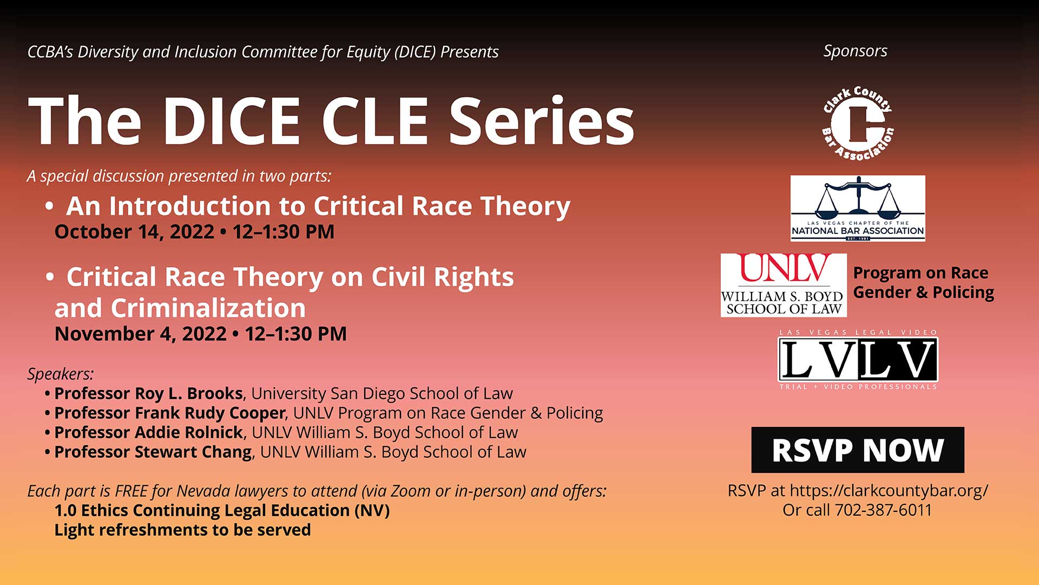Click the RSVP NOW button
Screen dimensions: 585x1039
858,450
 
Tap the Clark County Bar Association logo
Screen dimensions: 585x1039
858,123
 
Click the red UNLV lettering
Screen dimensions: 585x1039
784,269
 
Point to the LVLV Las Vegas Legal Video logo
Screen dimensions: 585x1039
858,360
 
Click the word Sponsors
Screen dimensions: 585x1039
855,51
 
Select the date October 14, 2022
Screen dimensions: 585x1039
134,232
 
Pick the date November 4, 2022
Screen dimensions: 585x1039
140,334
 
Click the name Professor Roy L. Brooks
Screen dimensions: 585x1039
148,393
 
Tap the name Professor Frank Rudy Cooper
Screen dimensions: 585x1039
169,413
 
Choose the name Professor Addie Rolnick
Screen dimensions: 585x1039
148,432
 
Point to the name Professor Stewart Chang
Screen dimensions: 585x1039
153,452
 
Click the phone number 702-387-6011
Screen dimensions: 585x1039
883,510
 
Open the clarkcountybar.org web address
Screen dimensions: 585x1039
889,491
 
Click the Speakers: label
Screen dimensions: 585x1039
61,374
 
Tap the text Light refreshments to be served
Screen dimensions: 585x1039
182,530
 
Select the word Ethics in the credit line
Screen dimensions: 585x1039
104,510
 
